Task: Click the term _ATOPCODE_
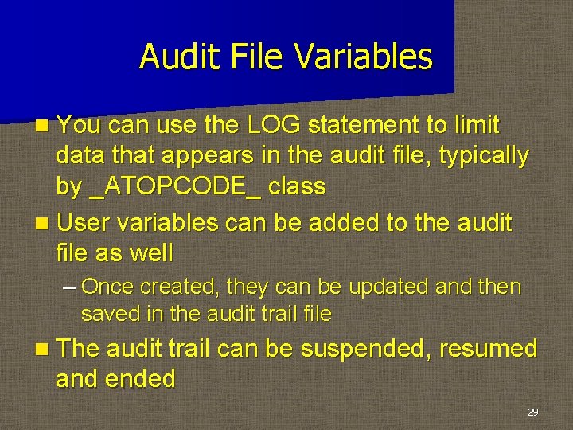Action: click(176, 186)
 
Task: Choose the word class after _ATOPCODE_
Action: click(297, 186)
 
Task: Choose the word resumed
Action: click(489, 349)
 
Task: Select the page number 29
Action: click(532, 412)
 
